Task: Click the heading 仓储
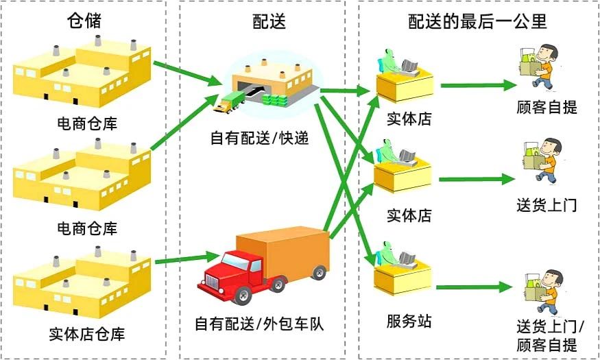point(84,21)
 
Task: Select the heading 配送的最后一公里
point(477,21)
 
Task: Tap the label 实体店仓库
point(87,334)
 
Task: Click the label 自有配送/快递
point(259,138)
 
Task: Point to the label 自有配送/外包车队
point(259,324)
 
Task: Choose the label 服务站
point(409,321)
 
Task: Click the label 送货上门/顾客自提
point(550,336)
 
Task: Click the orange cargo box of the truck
point(283,252)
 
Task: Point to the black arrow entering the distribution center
point(255,92)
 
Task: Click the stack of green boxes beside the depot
point(274,100)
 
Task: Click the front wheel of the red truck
point(242,295)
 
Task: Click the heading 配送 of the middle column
point(269,21)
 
